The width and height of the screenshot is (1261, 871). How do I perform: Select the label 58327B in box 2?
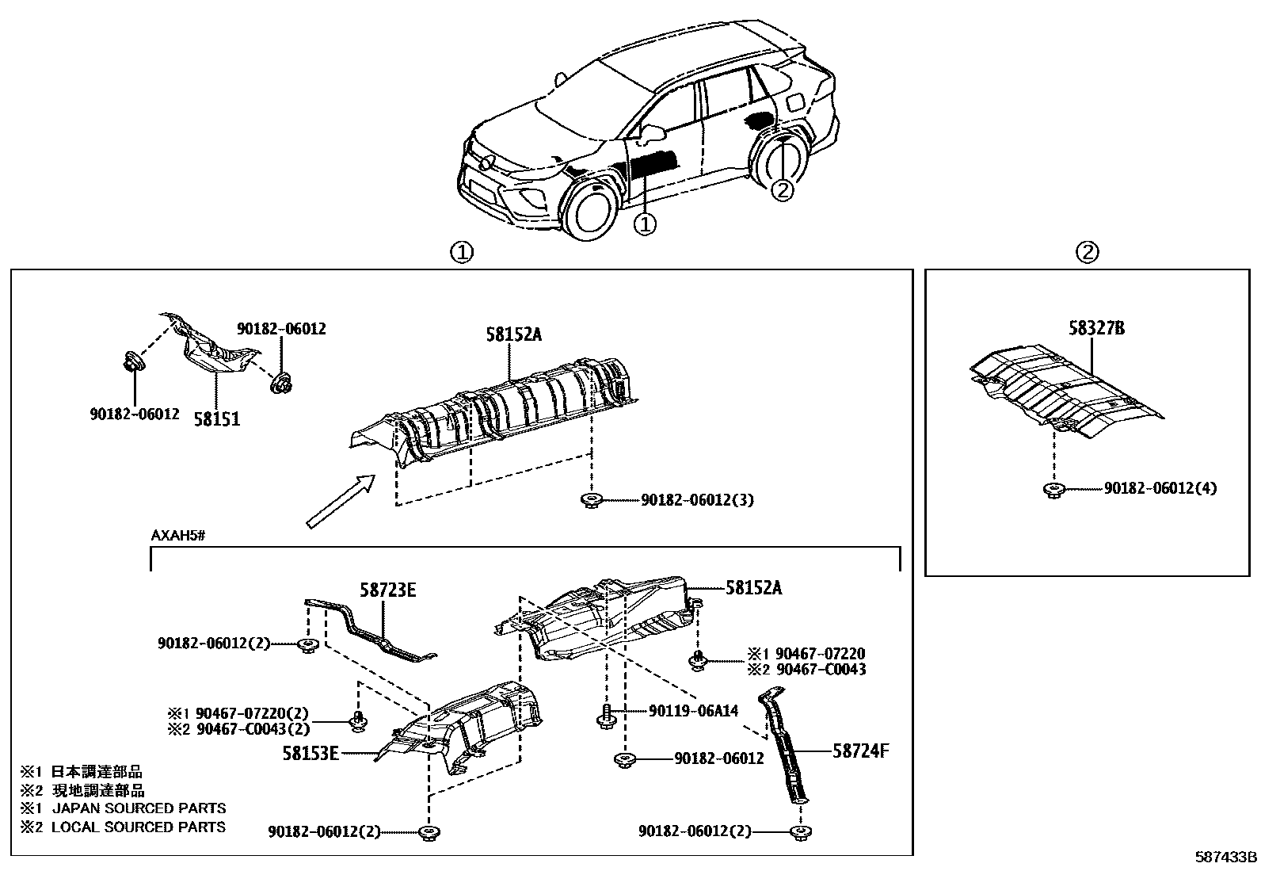(x=1096, y=328)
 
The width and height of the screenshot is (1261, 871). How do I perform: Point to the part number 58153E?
(x=310, y=754)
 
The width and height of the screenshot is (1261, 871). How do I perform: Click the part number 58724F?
(x=861, y=750)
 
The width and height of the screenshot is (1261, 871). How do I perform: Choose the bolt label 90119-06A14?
(x=693, y=711)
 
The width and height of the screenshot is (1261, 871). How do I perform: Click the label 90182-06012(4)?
(x=1160, y=489)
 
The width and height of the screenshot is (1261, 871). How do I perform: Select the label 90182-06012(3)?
(x=697, y=500)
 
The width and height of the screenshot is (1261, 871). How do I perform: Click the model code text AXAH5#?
(x=178, y=536)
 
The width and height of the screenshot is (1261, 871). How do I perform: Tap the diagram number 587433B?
(x=1226, y=858)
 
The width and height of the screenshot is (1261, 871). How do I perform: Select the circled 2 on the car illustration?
(x=781, y=189)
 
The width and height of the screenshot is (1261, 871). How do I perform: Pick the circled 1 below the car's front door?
(x=646, y=225)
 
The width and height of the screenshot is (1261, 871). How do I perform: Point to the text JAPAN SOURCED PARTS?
(x=139, y=808)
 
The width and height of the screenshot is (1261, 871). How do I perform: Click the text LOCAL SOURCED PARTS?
(x=139, y=827)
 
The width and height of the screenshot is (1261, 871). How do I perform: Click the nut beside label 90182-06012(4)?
(x=1053, y=490)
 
